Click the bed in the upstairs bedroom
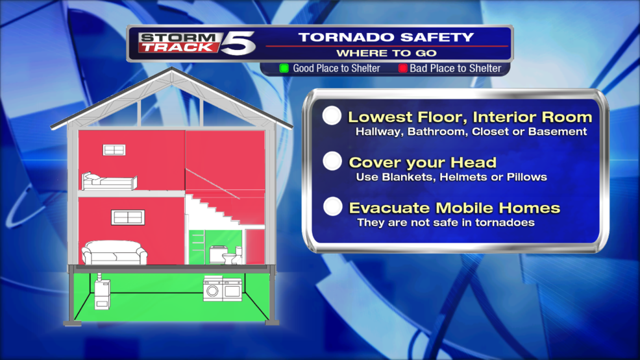109,181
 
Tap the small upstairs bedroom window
114,150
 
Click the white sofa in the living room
114,252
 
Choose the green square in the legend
284,68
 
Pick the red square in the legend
402,68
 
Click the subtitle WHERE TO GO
386,53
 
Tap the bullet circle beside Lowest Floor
332,116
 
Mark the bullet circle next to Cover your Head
332,161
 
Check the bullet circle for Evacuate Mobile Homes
332,207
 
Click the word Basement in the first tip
560,131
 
